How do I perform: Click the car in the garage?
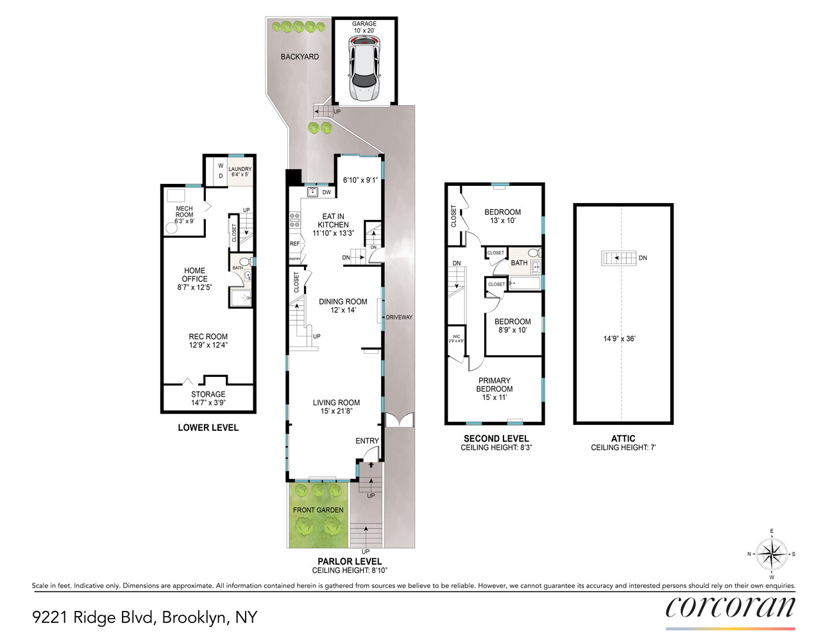coord(364,68)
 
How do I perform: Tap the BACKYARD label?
coord(300,57)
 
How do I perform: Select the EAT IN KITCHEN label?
coord(333,221)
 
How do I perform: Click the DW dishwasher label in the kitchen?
coord(326,192)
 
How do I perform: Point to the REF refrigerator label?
coord(294,244)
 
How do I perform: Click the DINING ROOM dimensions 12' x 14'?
coord(343,310)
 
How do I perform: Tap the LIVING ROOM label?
coord(336,403)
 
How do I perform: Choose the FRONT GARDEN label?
coord(318,510)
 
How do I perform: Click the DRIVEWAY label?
coord(399,317)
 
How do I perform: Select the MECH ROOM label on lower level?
coord(184,212)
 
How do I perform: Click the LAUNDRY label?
coord(240,169)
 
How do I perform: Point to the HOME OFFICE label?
coord(194,274)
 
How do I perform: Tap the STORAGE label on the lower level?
coord(208,394)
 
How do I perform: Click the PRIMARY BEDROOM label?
coord(494,385)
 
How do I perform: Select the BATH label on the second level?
coord(519,263)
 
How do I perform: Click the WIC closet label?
coord(456,337)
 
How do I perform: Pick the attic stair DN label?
coord(643,258)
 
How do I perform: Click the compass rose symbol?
coord(771,554)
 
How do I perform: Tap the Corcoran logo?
coord(730,608)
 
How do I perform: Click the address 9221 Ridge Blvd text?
coord(144,617)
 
